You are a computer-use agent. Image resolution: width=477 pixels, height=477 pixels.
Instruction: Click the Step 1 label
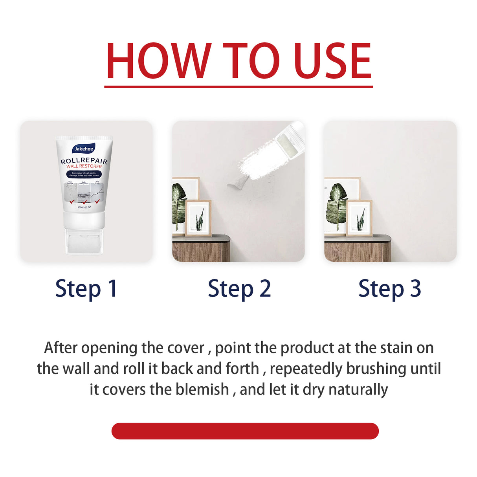click(x=86, y=289)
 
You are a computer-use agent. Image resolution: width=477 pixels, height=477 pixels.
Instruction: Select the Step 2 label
click(x=239, y=289)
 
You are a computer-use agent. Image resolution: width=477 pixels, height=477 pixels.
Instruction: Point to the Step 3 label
click(x=389, y=289)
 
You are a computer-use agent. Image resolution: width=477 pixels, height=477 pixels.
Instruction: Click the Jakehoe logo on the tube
click(x=84, y=149)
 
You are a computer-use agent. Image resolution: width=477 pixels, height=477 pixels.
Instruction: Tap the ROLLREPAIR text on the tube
click(x=84, y=161)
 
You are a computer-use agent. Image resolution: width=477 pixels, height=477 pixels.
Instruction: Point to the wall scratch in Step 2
click(x=237, y=182)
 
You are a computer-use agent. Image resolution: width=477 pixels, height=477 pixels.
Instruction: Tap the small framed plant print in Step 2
click(x=198, y=218)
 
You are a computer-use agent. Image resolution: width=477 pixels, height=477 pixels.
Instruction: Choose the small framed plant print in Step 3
click(x=359, y=218)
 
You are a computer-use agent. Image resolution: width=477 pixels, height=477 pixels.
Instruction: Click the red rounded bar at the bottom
click(x=245, y=431)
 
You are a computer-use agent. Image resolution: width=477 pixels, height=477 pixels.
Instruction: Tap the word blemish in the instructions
click(x=202, y=389)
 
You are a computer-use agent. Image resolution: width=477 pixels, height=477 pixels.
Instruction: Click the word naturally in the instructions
click(x=358, y=389)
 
